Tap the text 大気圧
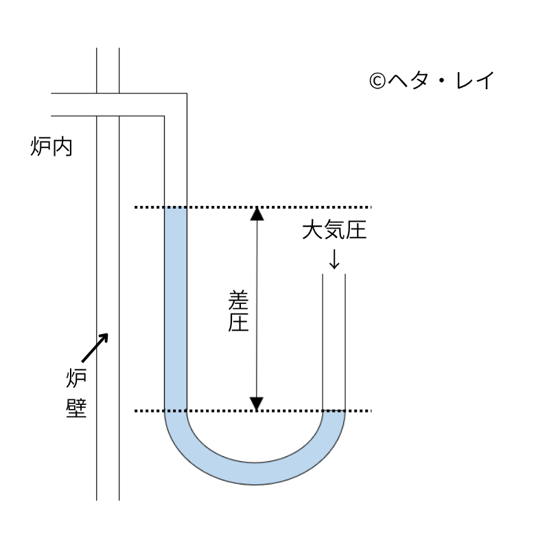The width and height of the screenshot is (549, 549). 334,231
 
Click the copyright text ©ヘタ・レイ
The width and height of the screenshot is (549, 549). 431,82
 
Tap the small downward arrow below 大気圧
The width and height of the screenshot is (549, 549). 334,258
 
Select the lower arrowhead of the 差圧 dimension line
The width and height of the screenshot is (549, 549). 256,404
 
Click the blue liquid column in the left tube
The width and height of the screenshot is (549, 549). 176,309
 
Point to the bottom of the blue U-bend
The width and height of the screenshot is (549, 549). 255,474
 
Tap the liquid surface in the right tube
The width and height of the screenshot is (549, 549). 334,412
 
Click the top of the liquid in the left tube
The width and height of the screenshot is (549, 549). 176,208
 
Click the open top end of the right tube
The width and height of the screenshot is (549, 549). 334,274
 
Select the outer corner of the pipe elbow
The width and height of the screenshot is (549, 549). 186,93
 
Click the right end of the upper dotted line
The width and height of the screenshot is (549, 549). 370,207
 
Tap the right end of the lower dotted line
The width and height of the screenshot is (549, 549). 370,411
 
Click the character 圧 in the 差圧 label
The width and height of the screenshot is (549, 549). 237,322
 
